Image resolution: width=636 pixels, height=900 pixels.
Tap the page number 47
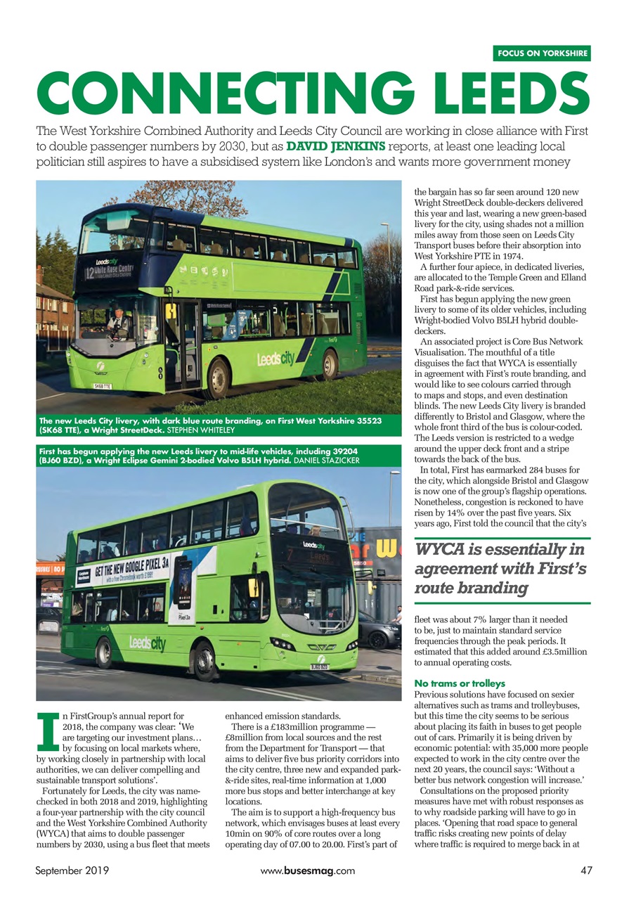(x=587, y=870)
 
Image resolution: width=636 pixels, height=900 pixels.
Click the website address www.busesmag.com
(x=307, y=870)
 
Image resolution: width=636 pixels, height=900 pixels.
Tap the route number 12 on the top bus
(x=91, y=272)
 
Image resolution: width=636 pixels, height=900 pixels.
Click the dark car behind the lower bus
(x=377, y=631)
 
